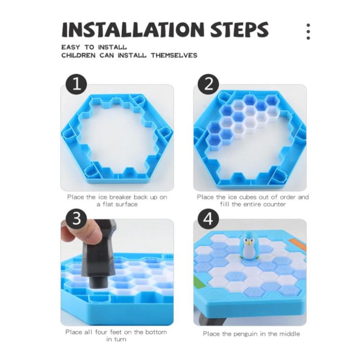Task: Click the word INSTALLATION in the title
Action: pos(133,30)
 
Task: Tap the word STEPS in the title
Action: pos(239,30)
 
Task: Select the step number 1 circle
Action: pos(76,85)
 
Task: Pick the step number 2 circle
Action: pos(208,84)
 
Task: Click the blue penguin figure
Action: pos(248,245)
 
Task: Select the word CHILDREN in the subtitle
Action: pos(78,55)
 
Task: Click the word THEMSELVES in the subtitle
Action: pos(174,55)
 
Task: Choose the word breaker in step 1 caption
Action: pos(121,197)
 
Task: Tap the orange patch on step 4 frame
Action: pos(298,245)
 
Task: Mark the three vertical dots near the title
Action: pos(308,31)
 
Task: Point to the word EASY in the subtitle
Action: pos(71,47)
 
